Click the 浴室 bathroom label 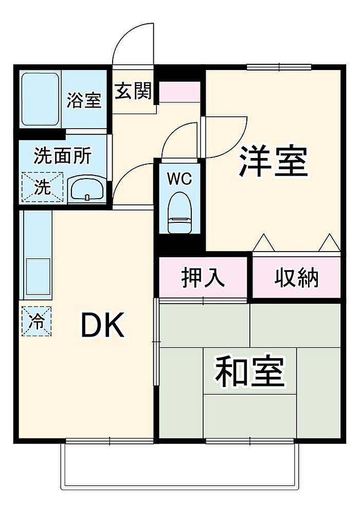pos(84,100)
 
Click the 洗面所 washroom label pos(63,156)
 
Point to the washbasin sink pos(87,189)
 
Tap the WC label pos(179,179)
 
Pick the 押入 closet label pos(203,278)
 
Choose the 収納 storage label pos(296,278)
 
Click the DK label pos(102,325)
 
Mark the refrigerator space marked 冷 pos(37,321)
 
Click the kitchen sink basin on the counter pos(38,277)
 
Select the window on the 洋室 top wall pos(279,67)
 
